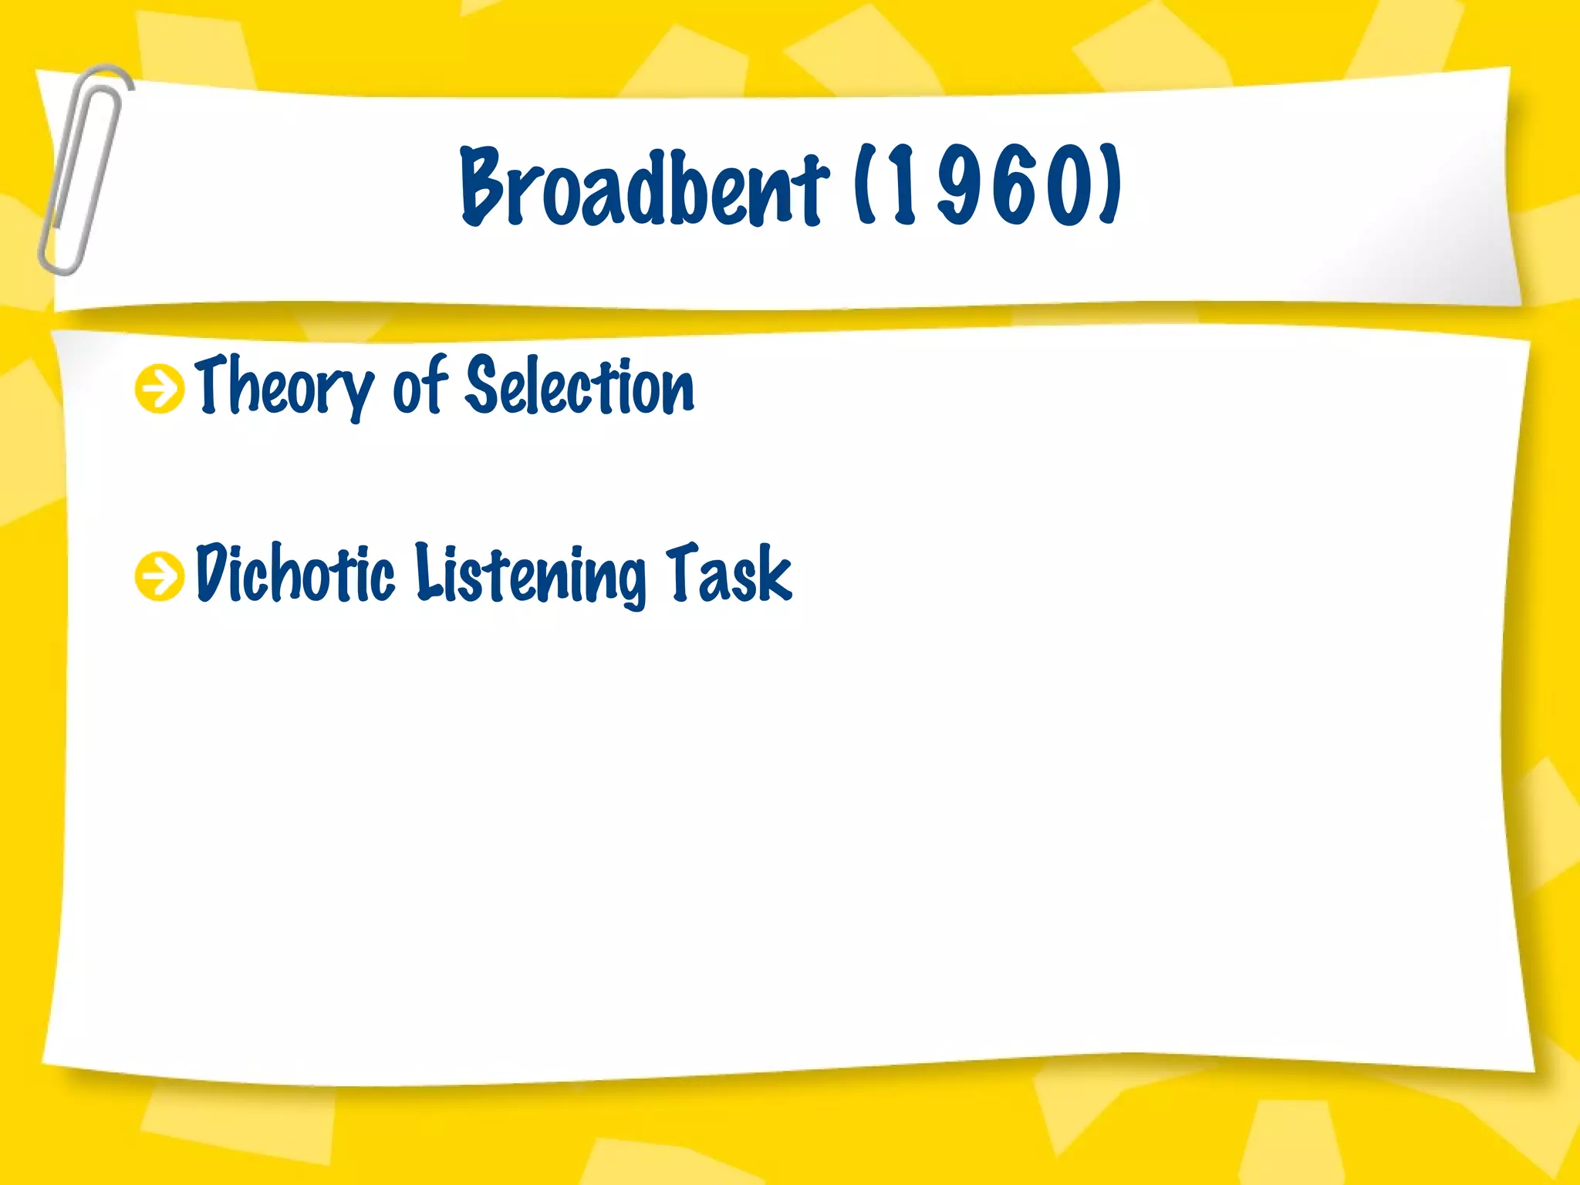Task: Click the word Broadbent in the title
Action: (x=644, y=187)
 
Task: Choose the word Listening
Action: (x=531, y=575)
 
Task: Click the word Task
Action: (x=729, y=572)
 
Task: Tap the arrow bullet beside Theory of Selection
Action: (x=160, y=389)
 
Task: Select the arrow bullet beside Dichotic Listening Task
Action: (x=160, y=576)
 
